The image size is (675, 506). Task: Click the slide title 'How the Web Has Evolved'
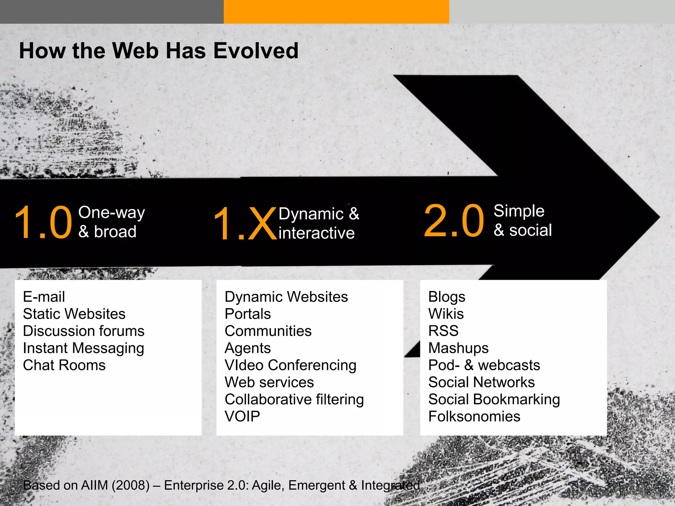(159, 51)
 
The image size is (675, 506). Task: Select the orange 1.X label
(244, 224)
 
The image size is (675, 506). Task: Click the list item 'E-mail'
(44, 296)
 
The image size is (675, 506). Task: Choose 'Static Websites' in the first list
(74, 314)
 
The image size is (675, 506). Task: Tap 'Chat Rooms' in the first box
(64, 365)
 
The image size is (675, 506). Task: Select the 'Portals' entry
(248, 314)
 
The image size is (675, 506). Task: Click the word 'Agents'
(248, 348)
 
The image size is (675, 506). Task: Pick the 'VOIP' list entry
(242, 416)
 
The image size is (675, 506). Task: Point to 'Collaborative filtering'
(294, 399)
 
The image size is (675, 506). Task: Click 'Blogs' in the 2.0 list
(447, 296)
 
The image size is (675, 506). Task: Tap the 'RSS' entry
(443, 331)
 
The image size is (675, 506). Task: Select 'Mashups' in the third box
(458, 348)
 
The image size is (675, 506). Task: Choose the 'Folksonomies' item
(474, 416)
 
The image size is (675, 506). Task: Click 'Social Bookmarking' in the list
(494, 399)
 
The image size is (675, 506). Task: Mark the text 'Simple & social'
(522, 220)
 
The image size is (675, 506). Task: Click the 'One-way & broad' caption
(111, 222)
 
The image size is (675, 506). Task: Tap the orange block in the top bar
(336, 12)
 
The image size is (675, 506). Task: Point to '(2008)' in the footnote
(131, 485)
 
